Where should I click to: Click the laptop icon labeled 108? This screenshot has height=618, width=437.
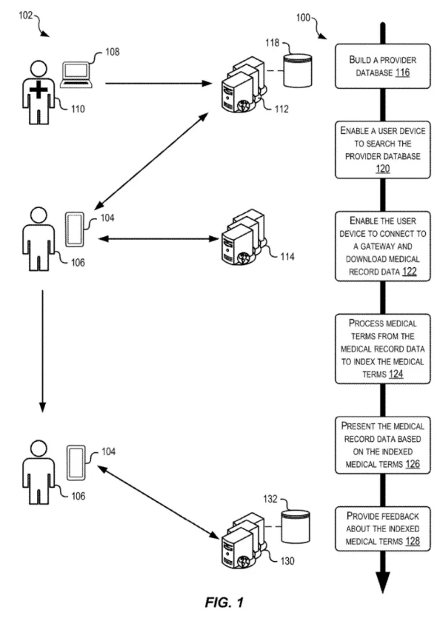76,75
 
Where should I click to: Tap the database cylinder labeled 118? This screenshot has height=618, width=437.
298,70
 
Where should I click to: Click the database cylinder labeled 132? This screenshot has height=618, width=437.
296,527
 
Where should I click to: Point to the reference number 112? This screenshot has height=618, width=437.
281,110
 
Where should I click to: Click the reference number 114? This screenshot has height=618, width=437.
287,257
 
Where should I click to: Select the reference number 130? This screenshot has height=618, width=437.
287,561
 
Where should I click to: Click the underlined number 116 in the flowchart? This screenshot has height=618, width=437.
402,73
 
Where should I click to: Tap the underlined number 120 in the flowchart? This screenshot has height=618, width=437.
383,169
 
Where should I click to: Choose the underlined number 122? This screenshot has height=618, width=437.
410,272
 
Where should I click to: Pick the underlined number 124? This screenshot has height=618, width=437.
396,374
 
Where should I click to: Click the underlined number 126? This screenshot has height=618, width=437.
413,464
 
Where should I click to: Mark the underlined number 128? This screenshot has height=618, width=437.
413,541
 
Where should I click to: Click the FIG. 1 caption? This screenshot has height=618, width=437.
224,602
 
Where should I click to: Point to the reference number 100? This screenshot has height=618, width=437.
303,18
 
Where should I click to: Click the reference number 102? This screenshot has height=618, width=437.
25,16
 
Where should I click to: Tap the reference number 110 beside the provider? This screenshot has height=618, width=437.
78,110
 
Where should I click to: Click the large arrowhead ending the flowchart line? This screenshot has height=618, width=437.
383,581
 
